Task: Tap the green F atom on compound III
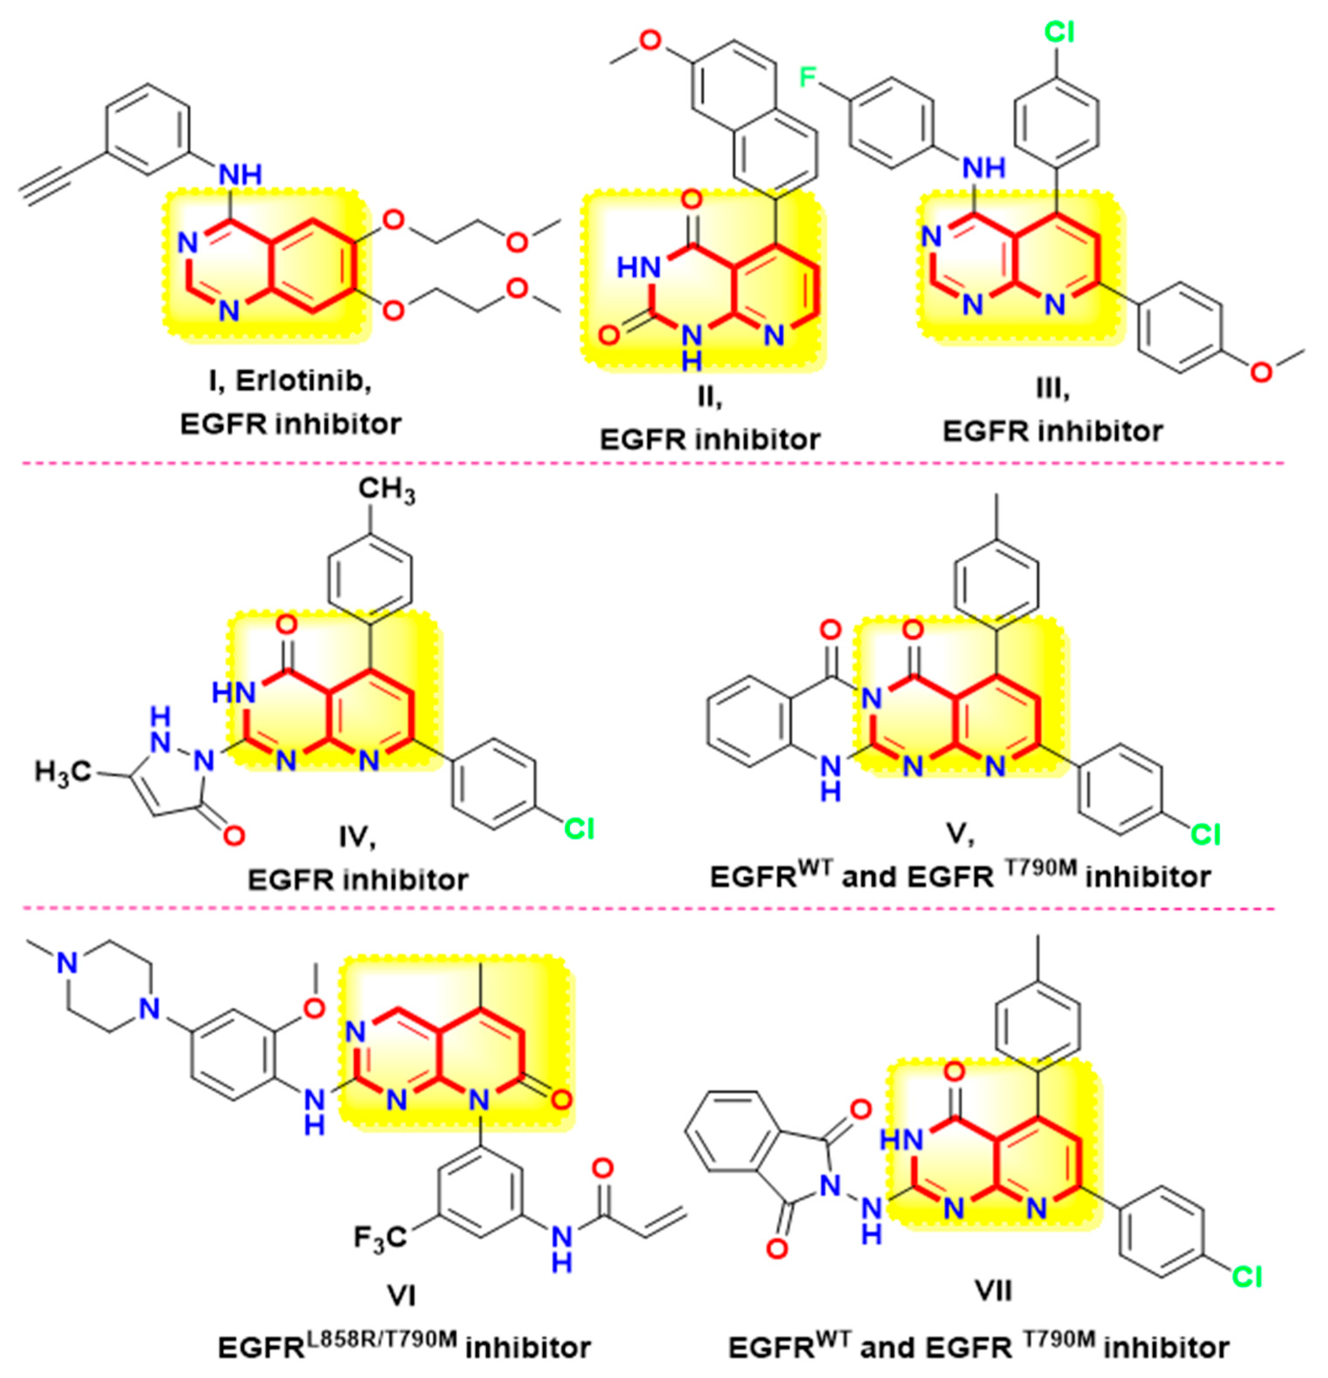(x=810, y=76)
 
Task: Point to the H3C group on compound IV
(x=63, y=772)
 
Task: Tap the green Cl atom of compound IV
(x=579, y=830)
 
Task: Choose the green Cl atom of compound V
(x=1205, y=834)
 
